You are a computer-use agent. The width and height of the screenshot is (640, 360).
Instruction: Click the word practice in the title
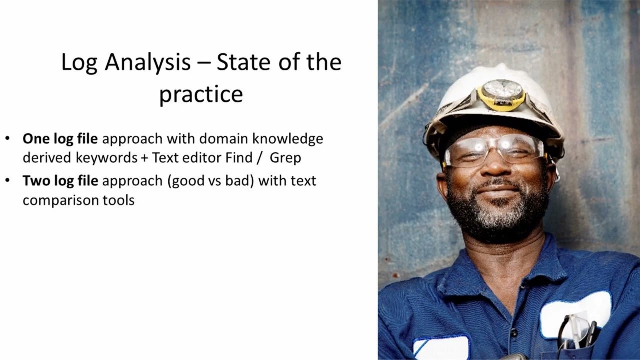[x=201, y=94]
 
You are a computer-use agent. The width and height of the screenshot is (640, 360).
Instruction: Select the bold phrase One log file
[x=60, y=138]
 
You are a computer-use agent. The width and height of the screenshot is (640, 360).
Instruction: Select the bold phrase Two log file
[x=60, y=180]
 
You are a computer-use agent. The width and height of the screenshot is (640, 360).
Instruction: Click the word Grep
[x=285, y=158]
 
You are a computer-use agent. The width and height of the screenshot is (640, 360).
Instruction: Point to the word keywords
[x=106, y=158]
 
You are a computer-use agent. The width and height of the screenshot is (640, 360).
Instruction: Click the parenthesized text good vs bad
[x=212, y=180]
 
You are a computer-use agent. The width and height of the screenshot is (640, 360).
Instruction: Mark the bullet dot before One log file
[x=7, y=138]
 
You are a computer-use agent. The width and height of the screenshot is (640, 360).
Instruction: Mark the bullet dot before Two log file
[x=7, y=180]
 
